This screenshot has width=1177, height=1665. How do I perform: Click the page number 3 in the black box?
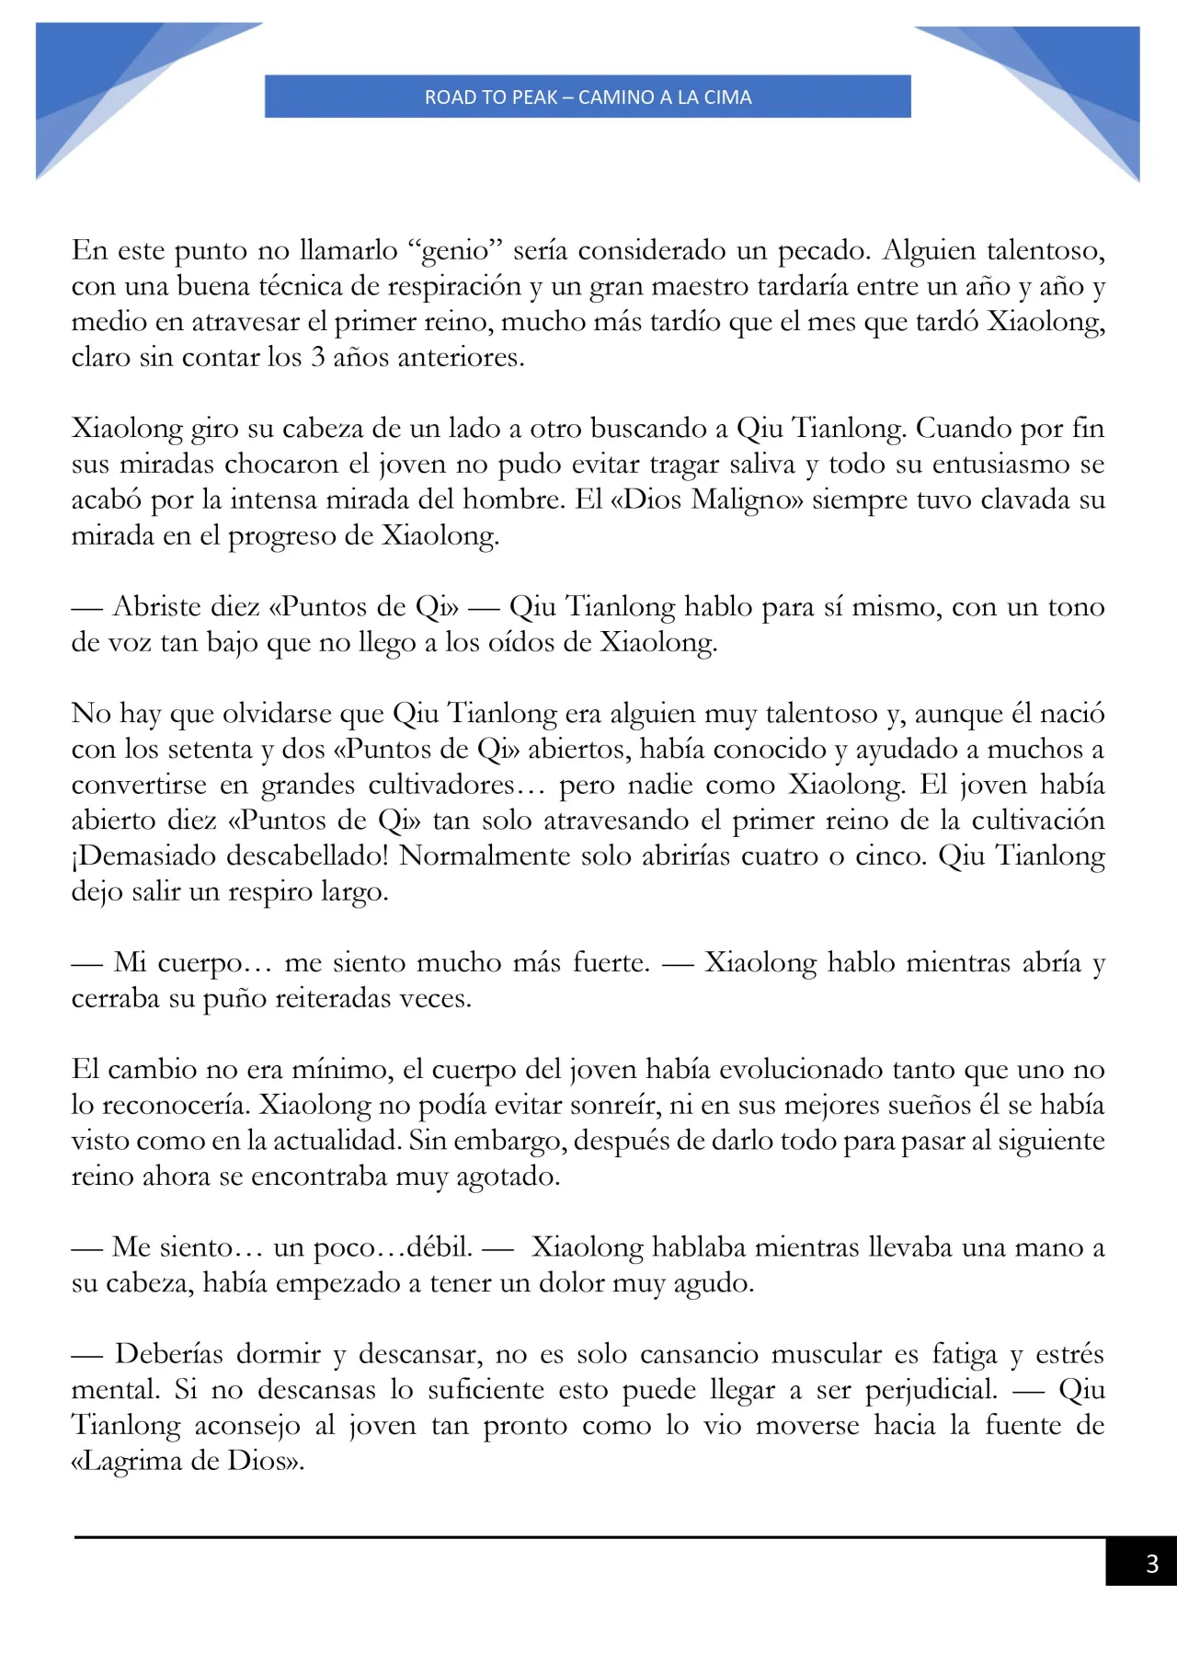click(1151, 1563)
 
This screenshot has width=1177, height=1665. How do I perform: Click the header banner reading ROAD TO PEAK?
click(588, 97)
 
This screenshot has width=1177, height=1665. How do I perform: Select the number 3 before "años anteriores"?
click(317, 357)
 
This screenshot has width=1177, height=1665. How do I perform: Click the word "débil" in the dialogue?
click(439, 1247)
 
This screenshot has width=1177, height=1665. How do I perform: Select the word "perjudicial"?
click(931, 1390)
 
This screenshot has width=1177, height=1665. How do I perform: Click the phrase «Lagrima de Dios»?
click(187, 1461)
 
